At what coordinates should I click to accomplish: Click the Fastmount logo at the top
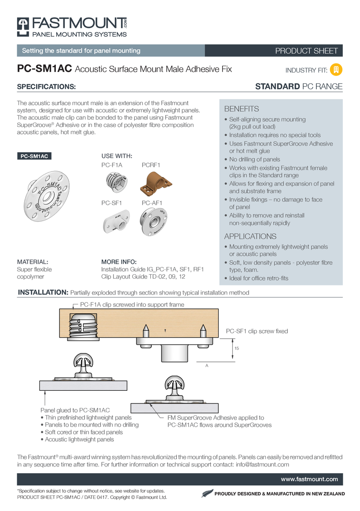click(72, 27)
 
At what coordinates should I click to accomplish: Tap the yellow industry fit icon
click(336, 70)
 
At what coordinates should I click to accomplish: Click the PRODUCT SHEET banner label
click(306, 51)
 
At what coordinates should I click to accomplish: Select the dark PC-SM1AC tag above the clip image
click(34, 156)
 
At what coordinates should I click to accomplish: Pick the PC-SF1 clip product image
click(116, 222)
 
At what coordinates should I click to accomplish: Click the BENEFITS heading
click(241, 109)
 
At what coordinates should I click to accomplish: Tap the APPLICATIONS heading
click(250, 236)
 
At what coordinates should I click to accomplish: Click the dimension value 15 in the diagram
click(237, 349)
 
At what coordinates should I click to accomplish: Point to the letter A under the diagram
click(207, 366)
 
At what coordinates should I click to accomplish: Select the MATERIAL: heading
click(32, 262)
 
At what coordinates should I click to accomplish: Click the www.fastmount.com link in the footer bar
click(315, 479)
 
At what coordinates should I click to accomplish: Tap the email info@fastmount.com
click(262, 464)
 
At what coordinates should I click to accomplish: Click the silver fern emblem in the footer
click(206, 494)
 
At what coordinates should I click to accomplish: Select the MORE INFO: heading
click(119, 262)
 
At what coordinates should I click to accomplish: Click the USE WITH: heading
click(117, 156)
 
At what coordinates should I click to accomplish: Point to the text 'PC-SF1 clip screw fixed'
click(256, 331)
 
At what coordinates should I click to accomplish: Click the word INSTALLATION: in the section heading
click(43, 293)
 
